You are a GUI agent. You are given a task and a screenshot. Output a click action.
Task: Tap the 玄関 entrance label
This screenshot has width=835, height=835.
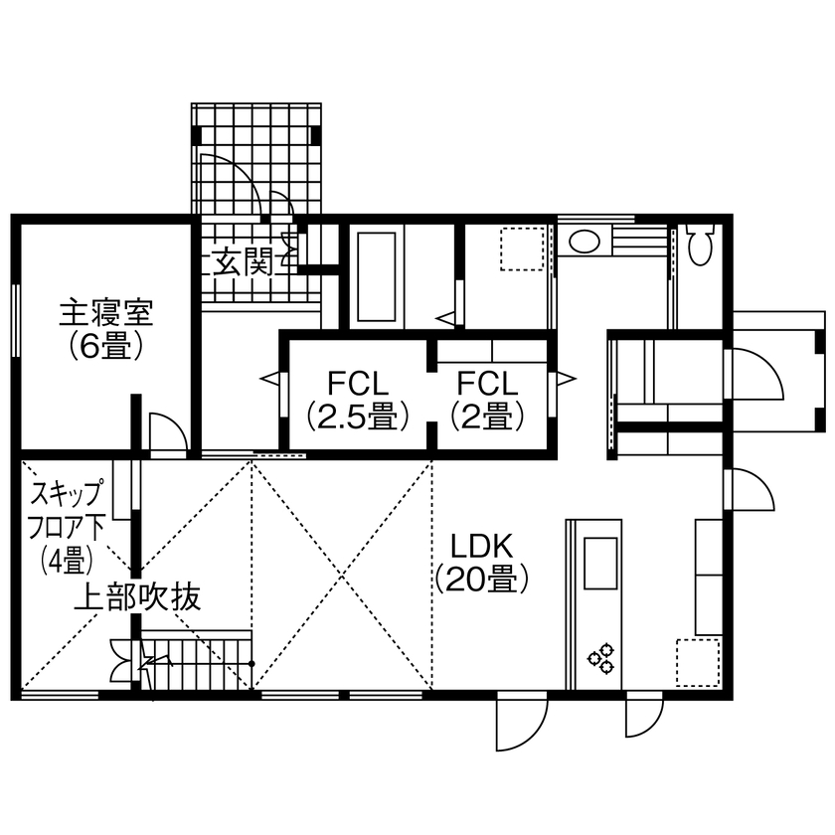(x=245, y=262)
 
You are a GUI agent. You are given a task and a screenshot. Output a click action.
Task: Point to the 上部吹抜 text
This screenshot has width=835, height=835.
(x=138, y=597)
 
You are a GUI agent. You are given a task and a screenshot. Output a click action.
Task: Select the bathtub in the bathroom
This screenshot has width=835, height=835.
(x=376, y=275)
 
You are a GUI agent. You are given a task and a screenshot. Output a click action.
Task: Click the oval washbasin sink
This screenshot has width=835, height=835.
(x=584, y=242)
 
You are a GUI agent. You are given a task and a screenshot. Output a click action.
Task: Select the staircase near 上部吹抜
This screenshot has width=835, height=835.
(x=199, y=660)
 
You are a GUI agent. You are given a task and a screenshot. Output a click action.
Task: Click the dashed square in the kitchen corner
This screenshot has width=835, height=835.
(x=698, y=662)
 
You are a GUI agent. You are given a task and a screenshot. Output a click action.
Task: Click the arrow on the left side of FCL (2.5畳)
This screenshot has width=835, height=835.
(x=269, y=378)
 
